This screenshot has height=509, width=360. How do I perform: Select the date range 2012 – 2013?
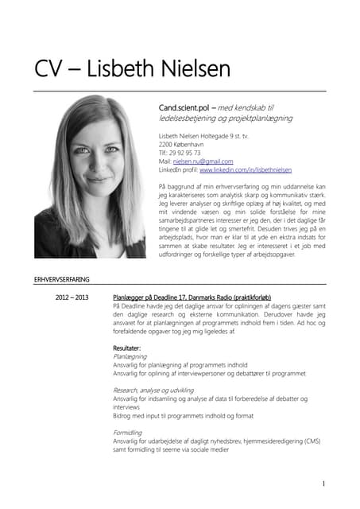(72, 295)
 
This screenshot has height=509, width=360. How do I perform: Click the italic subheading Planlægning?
(130, 357)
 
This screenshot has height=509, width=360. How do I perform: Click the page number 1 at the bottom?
(324, 483)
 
